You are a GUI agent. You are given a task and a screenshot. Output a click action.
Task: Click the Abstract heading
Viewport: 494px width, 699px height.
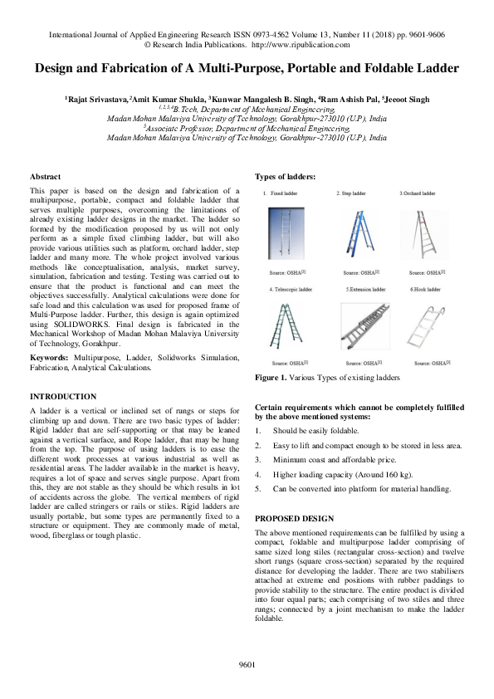click(45, 177)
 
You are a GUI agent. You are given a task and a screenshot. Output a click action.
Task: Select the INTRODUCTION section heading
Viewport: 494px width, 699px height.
click(63, 396)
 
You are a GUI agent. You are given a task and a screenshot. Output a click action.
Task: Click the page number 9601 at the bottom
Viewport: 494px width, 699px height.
click(247, 664)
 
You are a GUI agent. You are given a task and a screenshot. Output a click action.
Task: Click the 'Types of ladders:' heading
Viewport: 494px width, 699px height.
click(285, 177)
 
